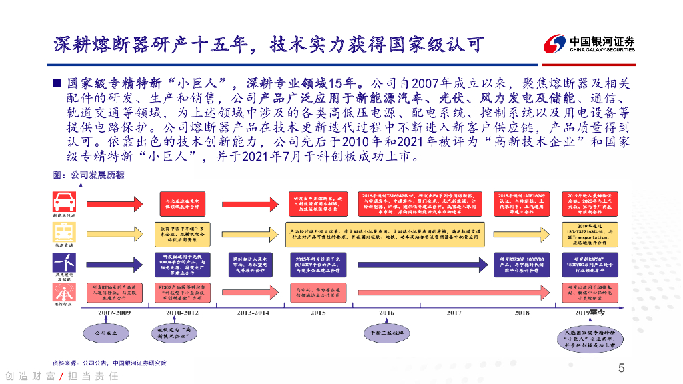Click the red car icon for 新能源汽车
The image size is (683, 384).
[x=65, y=202]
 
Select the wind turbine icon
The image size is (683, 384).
[x=65, y=262]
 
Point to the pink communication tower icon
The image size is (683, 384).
[x=65, y=291]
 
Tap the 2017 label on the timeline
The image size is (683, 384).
[x=454, y=312]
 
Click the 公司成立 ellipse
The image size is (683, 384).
[x=105, y=331]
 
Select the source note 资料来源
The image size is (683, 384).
[x=110, y=363]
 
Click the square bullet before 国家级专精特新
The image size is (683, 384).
[x=57, y=84]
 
